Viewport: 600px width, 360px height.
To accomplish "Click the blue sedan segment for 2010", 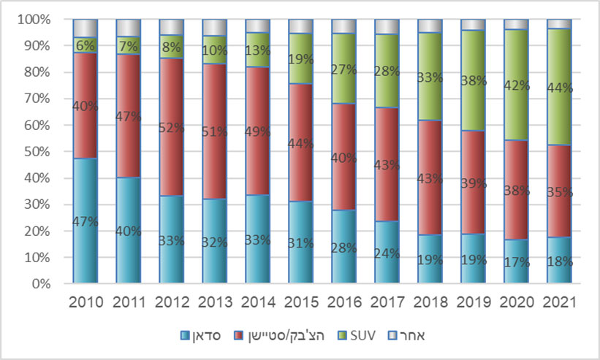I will point(85,219).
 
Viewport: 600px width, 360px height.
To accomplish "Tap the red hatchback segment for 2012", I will point(171,128).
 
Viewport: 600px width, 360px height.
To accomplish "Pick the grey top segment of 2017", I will point(387,27).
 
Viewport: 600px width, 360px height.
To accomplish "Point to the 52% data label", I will point(171,127).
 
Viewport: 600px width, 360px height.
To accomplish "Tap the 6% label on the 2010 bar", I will point(85,45).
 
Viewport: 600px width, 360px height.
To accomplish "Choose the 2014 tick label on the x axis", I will point(257,302).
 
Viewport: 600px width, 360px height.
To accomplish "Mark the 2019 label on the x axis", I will point(473,302).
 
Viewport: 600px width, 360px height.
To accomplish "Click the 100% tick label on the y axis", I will point(33,19).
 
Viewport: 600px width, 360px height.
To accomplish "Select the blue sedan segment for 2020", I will point(516,259).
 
